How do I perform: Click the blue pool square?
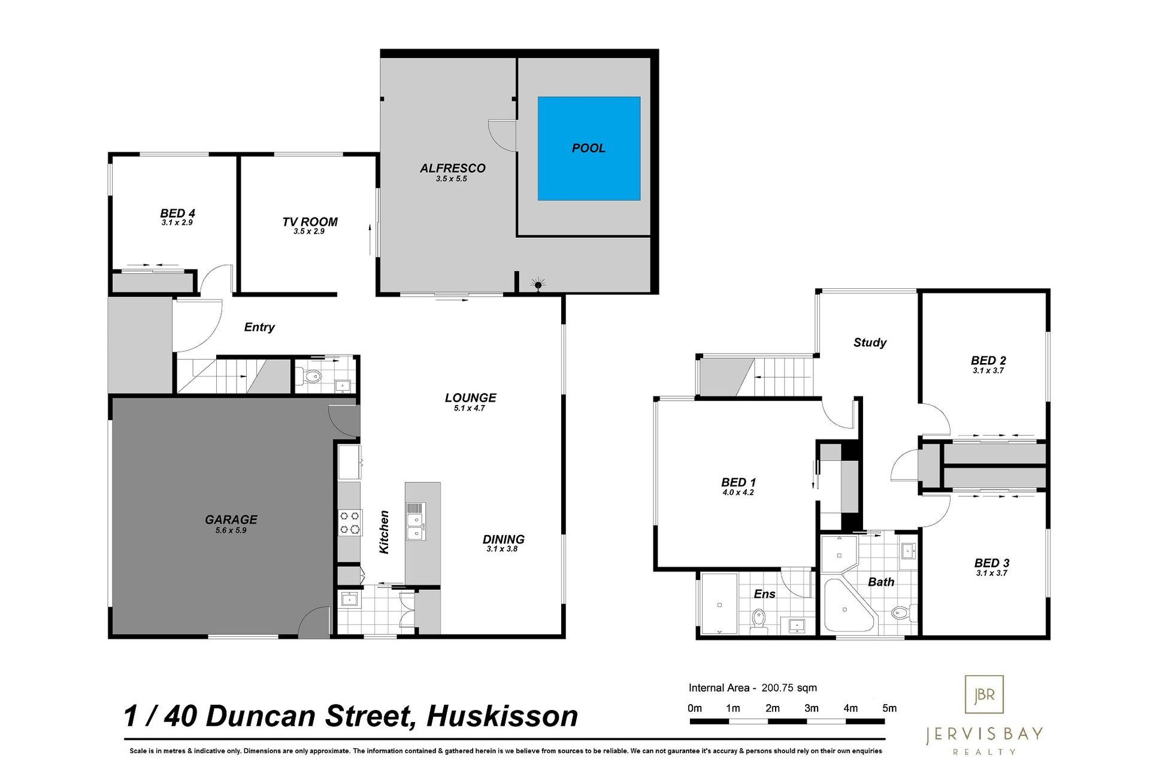[589, 148]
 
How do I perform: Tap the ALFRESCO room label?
[452, 168]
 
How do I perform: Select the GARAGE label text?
[231, 520]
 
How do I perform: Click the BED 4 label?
[177, 213]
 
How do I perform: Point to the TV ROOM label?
[310, 222]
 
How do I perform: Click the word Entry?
[259, 327]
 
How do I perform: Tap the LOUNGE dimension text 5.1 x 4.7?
[470, 408]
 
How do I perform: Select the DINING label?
[503, 539]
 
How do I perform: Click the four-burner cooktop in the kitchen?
[350, 522]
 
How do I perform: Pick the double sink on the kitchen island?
[415, 521]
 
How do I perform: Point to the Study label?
[870, 343]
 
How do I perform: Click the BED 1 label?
[739, 482]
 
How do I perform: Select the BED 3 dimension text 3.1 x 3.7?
[992, 573]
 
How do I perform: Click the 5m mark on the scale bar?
[889, 708]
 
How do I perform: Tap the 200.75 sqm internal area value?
[789, 688]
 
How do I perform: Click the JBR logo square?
[984, 694]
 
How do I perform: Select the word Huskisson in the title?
[502, 716]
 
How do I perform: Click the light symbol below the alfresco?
[538, 285]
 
